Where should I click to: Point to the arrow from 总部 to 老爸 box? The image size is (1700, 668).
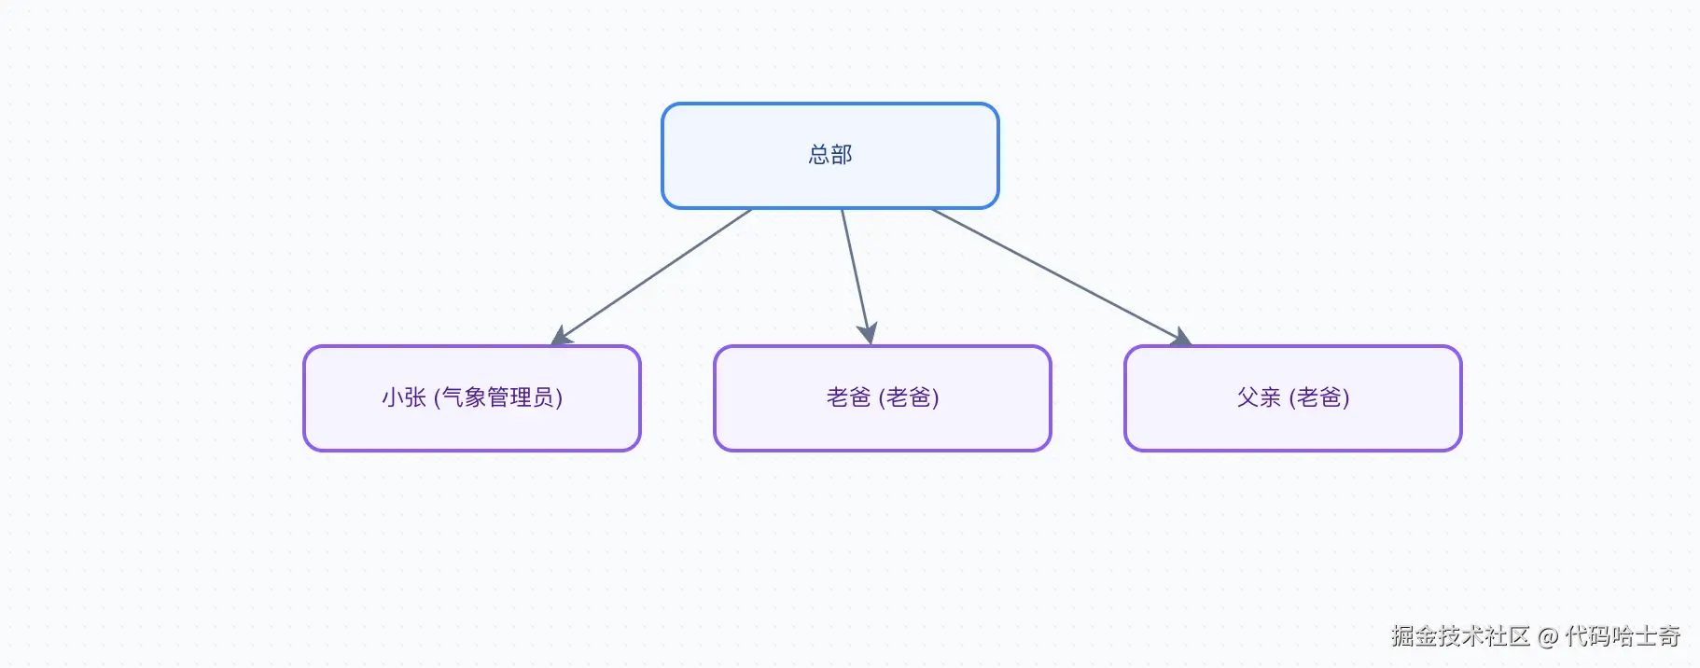855,271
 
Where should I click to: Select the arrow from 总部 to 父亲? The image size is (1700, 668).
1054,272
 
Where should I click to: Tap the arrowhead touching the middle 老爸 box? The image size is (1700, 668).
868,333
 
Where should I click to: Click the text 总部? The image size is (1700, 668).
829,155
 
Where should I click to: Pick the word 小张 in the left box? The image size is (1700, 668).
403,397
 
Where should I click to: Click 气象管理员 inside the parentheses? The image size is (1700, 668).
497,397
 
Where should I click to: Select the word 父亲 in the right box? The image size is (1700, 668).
1258,397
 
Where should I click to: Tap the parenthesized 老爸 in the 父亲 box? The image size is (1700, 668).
1319,397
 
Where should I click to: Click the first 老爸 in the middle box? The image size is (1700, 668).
847,397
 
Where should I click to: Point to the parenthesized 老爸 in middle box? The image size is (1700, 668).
909,397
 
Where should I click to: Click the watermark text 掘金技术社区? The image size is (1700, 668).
1460,636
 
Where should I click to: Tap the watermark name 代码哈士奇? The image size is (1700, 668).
1623,636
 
